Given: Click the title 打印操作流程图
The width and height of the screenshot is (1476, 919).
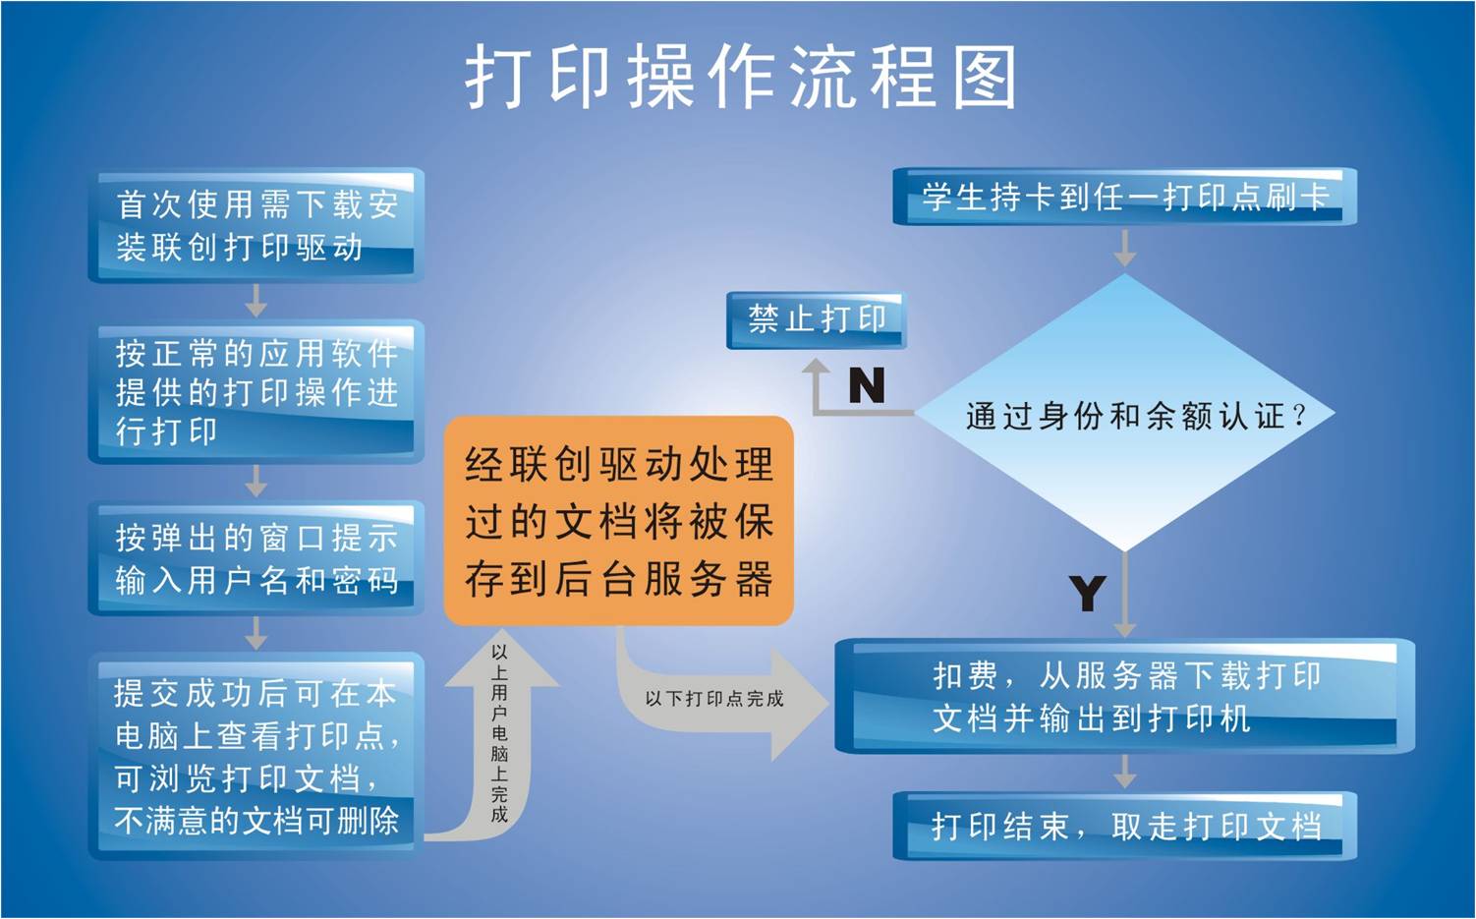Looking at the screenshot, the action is pos(741,77).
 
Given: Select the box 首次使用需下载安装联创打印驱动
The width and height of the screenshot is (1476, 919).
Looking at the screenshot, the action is pos(256,225).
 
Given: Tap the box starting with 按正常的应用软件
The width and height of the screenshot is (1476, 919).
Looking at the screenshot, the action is pos(256,391).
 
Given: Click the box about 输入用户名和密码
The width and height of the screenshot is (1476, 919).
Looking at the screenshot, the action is pos(256,559).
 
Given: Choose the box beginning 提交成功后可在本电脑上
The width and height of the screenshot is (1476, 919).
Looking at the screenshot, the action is pos(256,756).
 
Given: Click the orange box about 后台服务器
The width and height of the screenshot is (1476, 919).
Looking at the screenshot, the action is pos(619,521).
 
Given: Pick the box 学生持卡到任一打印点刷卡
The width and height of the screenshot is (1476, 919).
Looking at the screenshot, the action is pos(1125,197).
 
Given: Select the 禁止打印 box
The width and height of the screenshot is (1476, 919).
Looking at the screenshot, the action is pos(817,320).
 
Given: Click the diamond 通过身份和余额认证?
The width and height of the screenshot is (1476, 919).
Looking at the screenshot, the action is pos(1125,414).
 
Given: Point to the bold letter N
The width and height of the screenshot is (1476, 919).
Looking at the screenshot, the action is pos(867,385).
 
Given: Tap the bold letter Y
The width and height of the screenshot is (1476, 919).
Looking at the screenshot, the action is pos(1088,593).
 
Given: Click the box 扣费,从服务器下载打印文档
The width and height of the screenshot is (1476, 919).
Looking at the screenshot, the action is pos(1125,696).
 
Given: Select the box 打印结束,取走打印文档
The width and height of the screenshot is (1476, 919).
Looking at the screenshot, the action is pos(1125,826).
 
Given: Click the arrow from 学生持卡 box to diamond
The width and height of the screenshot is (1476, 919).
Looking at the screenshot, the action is pos(1125,248).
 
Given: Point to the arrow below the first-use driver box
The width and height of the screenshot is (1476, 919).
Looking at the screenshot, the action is pos(256,301).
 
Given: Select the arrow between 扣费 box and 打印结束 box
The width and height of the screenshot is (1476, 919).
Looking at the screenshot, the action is pos(1125,772).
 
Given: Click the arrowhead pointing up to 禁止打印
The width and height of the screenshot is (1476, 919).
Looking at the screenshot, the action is pos(817,367).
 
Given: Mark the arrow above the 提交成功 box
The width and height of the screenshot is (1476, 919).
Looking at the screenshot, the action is pos(256,634).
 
